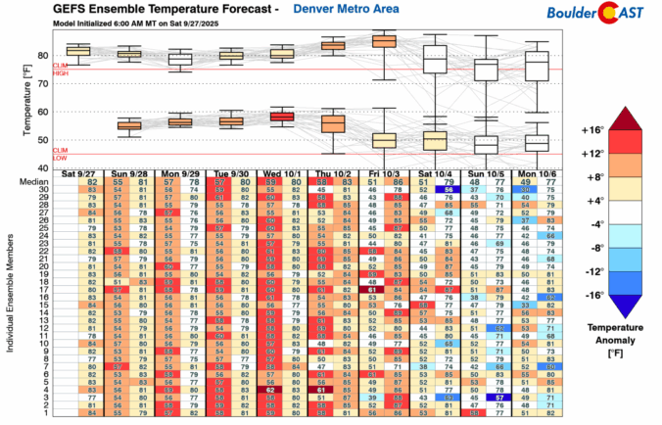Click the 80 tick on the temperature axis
point(44,55)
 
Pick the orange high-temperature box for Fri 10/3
point(384,41)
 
